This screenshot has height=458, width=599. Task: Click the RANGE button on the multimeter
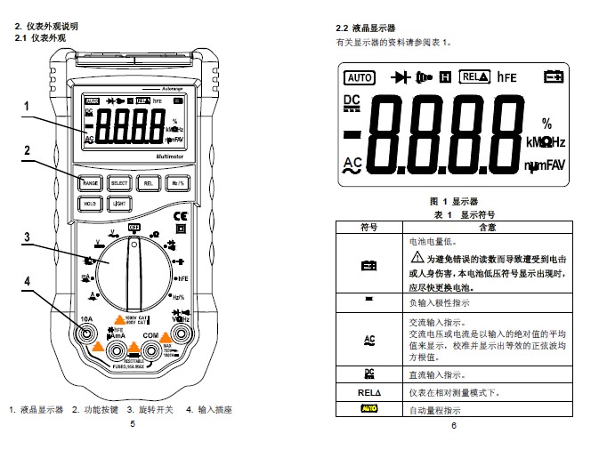tap(91, 183)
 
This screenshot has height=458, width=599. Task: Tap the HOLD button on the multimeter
tap(91, 204)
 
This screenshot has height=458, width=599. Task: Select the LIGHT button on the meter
tap(119, 204)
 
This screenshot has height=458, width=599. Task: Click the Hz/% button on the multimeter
tap(177, 183)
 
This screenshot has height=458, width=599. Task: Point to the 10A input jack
tap(87, 335)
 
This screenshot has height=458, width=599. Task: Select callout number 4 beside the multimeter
tap(28, 281)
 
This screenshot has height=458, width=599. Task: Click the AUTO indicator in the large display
tap(360, 77)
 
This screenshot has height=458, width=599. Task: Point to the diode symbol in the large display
tap(401, 76)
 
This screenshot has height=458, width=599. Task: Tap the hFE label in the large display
tap(507, 77)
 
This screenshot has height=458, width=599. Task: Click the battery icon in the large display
tap(554, 77)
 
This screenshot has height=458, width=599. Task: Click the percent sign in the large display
tap(546, 124)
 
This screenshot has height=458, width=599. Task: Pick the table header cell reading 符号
tap(368, 228)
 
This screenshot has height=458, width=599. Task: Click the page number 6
tap(452, 425)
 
